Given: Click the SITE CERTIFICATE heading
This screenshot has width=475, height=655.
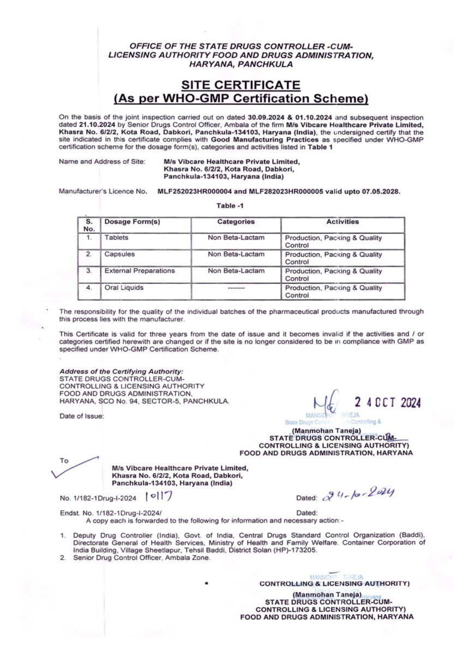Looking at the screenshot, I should click(x=240, y=85).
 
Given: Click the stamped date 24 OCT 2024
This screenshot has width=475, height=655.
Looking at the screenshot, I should click(x=387, y=403).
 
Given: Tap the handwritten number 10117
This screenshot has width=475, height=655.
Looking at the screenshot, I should click(x=159, y=496).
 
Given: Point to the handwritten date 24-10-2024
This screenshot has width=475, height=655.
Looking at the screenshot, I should click(x=359, y=496).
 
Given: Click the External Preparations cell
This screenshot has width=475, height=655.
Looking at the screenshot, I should click(x=140, y=271).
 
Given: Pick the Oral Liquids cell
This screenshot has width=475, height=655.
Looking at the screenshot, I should click(x=124, y=287).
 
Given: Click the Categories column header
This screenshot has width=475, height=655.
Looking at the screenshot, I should click(x=236, y=222).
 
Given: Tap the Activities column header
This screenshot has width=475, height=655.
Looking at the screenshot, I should click(x=342, y=222).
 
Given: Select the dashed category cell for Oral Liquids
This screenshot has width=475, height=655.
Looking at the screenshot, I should click(x=236, y=287).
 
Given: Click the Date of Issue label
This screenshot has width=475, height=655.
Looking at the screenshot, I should click(x=81, y=416).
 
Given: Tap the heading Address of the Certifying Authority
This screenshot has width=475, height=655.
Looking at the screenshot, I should click(x=121, y=371).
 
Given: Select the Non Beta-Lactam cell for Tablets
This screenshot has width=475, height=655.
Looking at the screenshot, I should click(x=236, y=238).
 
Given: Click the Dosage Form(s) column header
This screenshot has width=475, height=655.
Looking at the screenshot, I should click(x=132, y=222).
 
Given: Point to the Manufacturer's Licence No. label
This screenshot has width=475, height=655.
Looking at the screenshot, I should click(x=103, y=192).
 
